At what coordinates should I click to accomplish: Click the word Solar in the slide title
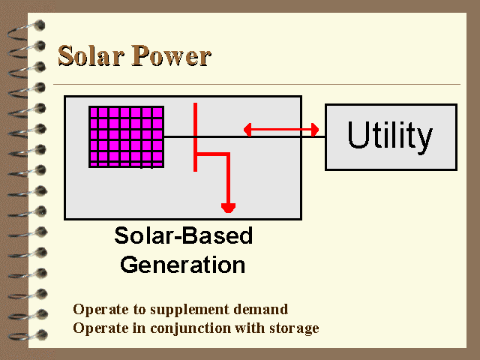pyautogui.click(x=91, y=55)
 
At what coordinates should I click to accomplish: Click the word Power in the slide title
pyautogui.click(x=172, y=55)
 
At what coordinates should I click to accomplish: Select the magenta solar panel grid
pyautogui.click(x=127, y=136)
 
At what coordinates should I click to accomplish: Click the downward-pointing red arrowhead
pyautogui.click(x=228, y=208)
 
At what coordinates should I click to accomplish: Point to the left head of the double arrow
pyautogui.click(x=247, y=130)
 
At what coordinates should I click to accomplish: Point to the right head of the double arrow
pyautogui.click(x=315, y=130)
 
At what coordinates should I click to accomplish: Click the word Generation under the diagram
pyautogui.click(x=183, y=265)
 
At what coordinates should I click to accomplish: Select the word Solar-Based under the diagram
pyautogui.click(x=183, y=235)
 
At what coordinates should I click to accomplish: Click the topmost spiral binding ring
pyautogui.click(x=27, y=31)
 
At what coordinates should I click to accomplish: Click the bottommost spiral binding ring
pyautogui.click(x=28, y=335)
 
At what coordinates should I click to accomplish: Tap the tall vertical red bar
pyautogui.click(x=195, y=137)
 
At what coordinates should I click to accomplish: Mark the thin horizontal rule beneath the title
pyautogui.click(x=256, y=84)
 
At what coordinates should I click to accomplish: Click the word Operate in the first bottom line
pyautogui.click(x=100, y=310)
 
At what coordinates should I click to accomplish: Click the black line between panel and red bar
pyautogui.click(x=178, y=136)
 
